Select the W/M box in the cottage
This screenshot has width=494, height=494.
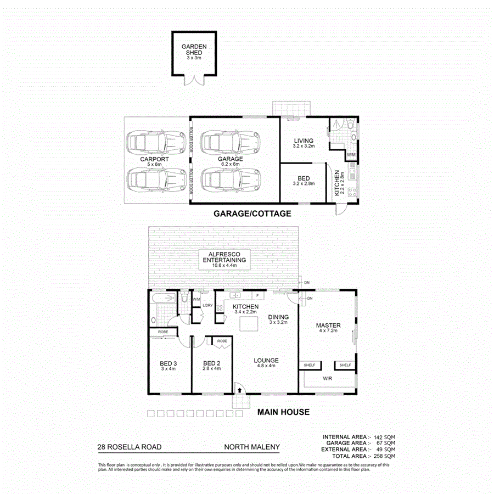[x=351, y=155]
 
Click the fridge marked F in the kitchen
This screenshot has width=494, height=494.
[x=256, y=295]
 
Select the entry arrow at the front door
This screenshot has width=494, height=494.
[x=239, y=390]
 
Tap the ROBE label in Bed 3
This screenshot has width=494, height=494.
[x=163, y=332]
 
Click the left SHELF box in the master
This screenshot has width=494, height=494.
[x=309, y=364]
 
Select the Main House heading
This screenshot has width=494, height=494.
[x=284, y=412]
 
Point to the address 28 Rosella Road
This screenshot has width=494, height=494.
[x=129, y=447]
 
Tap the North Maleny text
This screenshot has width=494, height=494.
[x=252, y=447]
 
